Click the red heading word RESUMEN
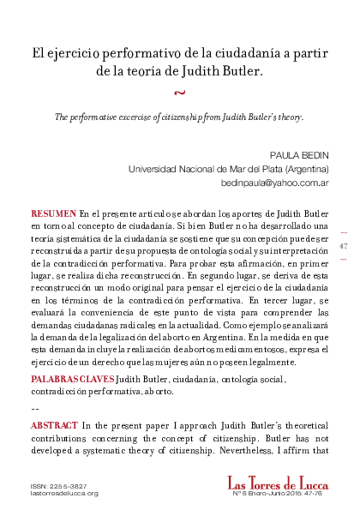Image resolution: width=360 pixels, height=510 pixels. [x=53, y=211]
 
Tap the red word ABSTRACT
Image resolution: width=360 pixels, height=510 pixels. [x=56, y=425]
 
